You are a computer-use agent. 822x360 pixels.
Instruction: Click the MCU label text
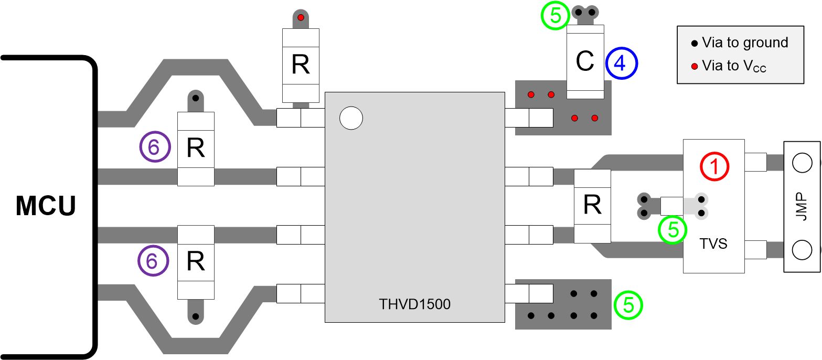coord(46,206)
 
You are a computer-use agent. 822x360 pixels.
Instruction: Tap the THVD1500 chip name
coord(414,304)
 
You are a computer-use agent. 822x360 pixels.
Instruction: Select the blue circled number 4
coord(621,63)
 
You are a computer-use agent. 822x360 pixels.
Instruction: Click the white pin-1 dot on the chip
coord(351,118)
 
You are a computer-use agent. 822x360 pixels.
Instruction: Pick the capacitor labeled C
coord(585,62)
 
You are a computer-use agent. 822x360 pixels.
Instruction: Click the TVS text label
coord(713,243)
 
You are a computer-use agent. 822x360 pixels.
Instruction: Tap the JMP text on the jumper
coord(801,206)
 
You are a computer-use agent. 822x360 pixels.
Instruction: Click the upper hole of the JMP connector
coord(802,163)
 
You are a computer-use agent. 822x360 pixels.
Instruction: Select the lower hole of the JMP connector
coord(802,250)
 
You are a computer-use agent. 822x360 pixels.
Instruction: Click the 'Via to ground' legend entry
coord(740,43)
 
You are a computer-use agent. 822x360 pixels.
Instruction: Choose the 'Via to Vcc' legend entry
coord(730,66)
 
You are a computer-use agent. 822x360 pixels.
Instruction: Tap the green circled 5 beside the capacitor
coord(555,16)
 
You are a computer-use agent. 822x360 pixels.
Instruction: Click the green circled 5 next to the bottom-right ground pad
coord(628,305)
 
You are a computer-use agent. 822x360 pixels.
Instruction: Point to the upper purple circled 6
coord(154,147)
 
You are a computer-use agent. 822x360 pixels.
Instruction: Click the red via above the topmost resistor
coord(301,18)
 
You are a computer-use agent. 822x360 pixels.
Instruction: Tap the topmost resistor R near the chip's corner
coord(301,65)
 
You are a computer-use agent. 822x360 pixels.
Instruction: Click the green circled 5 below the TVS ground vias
coord(672,230)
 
